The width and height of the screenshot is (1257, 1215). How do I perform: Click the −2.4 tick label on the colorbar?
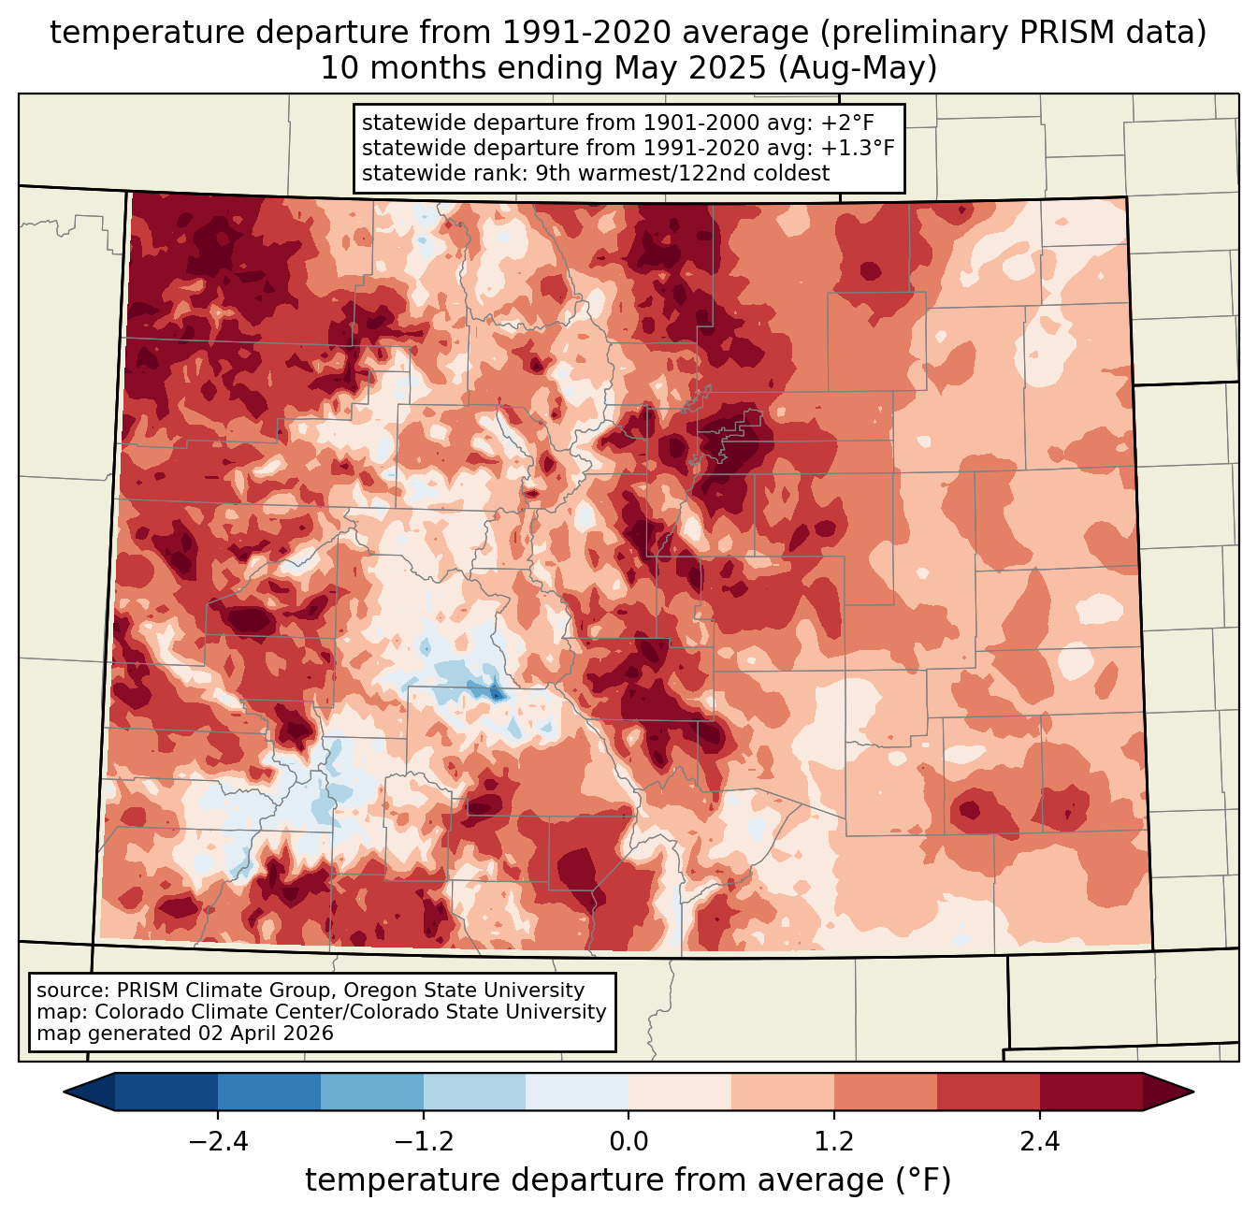point(218,1141)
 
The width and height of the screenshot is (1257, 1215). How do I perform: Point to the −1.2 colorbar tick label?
point(423,1141)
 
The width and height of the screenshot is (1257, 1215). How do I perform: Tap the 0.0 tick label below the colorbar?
point(628,1141)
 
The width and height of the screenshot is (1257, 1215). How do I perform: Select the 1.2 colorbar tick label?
point(834,1141)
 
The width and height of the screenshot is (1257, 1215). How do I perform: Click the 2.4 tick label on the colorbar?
point(1039,1141)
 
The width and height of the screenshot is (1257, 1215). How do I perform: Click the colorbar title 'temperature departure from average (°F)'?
point(628,1179)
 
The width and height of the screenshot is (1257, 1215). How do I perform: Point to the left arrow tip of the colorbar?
point(64,1092)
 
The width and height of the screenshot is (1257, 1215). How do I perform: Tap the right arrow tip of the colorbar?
point(1193,1092)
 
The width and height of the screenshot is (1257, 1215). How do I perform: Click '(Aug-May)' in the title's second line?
point(857,68)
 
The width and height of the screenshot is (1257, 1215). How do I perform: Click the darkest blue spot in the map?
point(496,694)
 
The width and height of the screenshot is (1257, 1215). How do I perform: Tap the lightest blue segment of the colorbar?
point(577,1092)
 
